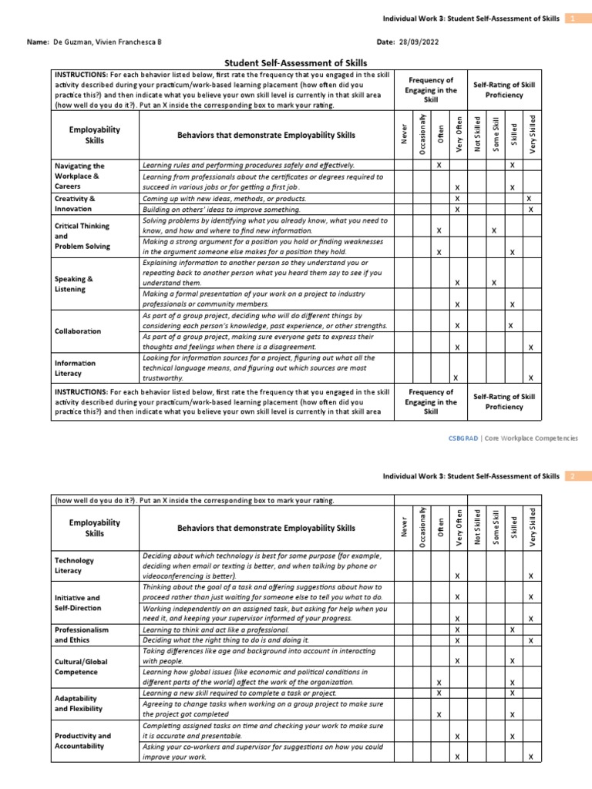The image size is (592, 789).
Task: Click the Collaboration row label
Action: tap(78, 331)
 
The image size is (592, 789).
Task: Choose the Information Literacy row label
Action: tap(75, 368)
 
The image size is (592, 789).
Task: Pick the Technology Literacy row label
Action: tap(74, 566)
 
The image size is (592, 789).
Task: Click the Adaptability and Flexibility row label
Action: tap(78, 702)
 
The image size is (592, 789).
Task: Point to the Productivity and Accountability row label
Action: tap(82, 741)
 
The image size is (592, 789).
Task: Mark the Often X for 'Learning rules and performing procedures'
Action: tap(439, 166)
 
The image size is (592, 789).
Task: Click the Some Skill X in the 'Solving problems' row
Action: tap(493, 231)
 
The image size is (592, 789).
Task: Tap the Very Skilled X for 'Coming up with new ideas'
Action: tap(529, 199)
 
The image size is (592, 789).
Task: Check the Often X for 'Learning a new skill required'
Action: tap(439, 693)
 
